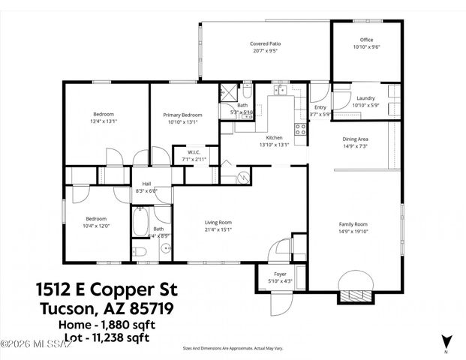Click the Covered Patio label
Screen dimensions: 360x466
(x=266, y=44)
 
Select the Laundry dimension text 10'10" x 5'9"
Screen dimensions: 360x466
(x=365, y=105)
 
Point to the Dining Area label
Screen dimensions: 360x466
(x=355, y=139)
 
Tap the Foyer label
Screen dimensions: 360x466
(x=280, y=274)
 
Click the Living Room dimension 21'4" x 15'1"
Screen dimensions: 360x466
(x=218, y=230)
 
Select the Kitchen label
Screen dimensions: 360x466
(x=274, y=138)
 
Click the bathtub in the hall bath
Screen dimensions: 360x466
(x=142, y=222)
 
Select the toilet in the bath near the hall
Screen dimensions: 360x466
(x=140, y=250)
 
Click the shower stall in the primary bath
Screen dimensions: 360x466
(x=227, y=94)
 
